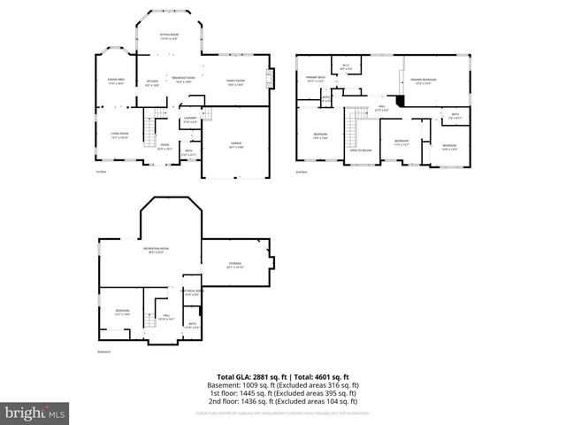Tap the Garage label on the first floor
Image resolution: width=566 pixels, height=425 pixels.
[236, 144]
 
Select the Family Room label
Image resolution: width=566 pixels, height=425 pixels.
[235, 82]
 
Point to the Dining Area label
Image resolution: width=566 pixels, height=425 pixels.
[116, 82]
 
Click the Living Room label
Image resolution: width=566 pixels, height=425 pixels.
[119, 135]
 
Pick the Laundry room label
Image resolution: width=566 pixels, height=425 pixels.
[189, 120]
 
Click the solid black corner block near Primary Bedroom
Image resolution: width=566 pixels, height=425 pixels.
[401, 100]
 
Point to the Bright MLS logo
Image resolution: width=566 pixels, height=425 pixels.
[34, 413]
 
